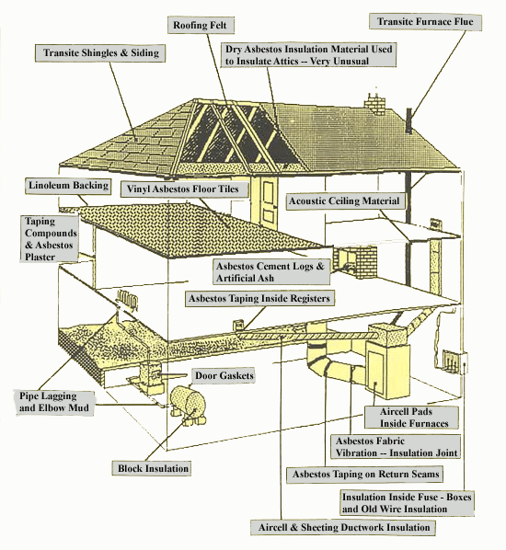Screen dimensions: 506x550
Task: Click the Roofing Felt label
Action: (201, 25)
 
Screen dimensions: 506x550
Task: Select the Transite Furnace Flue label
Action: (425, 22)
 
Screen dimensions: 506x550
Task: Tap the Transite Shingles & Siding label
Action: (100, 53)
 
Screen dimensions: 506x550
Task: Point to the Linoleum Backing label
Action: (68, 186)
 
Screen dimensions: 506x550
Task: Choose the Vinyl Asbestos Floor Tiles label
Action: (183, 189)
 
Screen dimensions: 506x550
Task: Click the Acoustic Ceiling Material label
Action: (345, 201)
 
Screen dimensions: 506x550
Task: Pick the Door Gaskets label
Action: (224, 375)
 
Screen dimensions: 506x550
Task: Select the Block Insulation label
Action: (152, 469)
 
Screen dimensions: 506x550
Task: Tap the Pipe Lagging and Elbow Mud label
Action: (54, 402)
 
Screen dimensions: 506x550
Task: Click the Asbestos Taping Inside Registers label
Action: (259, 299)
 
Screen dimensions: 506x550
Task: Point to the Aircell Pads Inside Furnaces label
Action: (412, 418)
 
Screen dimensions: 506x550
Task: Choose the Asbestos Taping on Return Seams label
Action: (365, 475)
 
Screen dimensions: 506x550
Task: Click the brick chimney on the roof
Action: (374, 104)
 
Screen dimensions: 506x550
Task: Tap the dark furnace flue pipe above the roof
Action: (408, 120)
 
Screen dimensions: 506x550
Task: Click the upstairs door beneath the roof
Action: (268, 202)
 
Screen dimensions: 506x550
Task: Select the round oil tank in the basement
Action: (188, 401)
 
